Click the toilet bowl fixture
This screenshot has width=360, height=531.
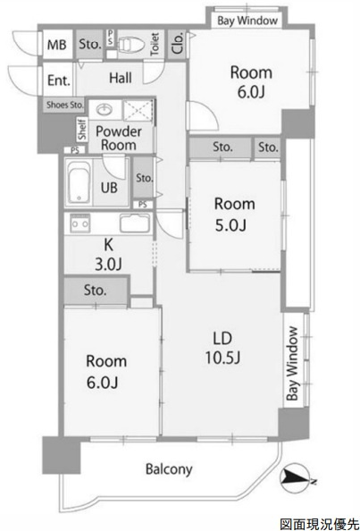pos(131,44)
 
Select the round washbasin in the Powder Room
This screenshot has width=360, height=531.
pos(105,109)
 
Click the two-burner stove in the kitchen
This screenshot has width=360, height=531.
pos(80,223)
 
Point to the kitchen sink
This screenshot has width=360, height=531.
pos(135,223)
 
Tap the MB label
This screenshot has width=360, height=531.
pos(56,45)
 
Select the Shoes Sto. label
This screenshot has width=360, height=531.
pos(64,105)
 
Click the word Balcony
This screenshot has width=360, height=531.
pos(169,469)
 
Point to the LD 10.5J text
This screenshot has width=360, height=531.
pos(222,348)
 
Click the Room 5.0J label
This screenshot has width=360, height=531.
pos(234,215)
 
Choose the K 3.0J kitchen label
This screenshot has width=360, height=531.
pos(108,255)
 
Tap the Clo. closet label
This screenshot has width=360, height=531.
pos(178,44)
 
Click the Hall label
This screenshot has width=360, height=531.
pos(121,78)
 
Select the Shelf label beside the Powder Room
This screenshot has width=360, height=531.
pos(82,129)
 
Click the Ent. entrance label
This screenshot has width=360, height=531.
pos(59,80)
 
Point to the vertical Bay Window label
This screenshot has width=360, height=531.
pos(292,363)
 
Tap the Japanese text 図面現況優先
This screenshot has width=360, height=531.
pos(319,524)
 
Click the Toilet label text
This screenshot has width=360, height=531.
pos(155,44)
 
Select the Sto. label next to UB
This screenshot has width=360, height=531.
pos(145,178)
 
